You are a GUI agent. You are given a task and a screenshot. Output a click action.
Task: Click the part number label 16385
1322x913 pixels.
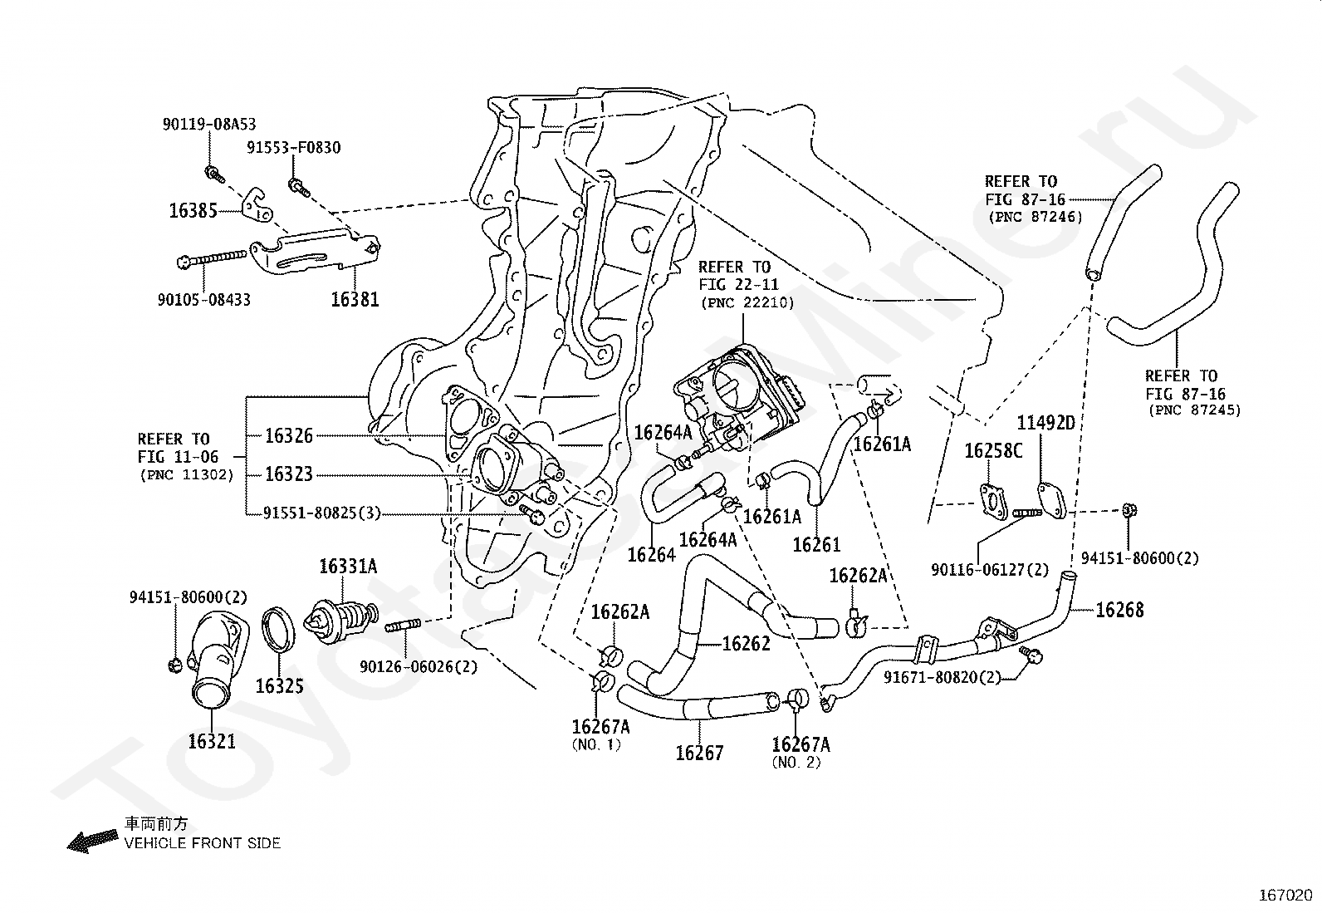click(193, 210)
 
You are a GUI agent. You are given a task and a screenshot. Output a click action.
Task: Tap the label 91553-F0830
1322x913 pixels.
click(293, 148)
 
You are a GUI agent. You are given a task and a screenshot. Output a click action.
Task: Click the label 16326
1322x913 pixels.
click(289, 435)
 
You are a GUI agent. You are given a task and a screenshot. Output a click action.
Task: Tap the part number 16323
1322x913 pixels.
click(289, 474)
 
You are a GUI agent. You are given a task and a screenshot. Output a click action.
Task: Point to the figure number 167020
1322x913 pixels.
click(1285, 896)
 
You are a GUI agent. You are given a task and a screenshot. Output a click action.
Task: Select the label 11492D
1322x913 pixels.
click(1046, 423)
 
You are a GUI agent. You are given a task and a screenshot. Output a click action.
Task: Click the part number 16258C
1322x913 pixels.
click(993, 451)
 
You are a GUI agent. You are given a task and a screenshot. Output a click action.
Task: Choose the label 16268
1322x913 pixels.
click(1119, 611)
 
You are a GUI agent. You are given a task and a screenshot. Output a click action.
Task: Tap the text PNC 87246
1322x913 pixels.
click(1035, 218)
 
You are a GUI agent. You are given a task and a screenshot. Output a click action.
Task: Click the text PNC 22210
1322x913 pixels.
click(747, 303)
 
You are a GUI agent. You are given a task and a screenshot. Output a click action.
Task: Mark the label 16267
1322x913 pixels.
click(699, 753)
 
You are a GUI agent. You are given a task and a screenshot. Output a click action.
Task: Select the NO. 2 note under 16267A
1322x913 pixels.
click(796, 763)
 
